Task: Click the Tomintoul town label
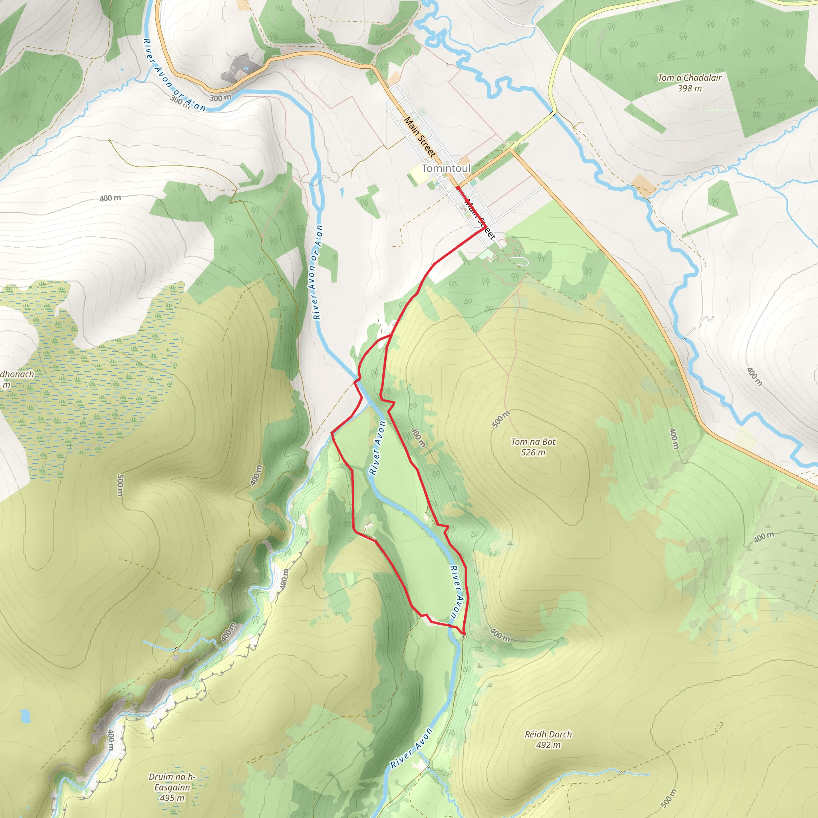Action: pos(446,168)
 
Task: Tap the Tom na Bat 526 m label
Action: pos(533,447)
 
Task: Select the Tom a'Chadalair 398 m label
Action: pos(689,83)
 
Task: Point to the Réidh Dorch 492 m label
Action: pos(548,740)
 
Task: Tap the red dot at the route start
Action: pos(458,188)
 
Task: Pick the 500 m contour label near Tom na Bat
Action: pos(501,419)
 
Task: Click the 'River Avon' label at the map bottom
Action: pos(411,748)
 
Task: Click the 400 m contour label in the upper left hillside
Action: pos(110,198)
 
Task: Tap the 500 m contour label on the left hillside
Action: pos(120,485)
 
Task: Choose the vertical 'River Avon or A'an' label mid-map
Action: pos(317,272)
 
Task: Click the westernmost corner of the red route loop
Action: pos(331,433)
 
